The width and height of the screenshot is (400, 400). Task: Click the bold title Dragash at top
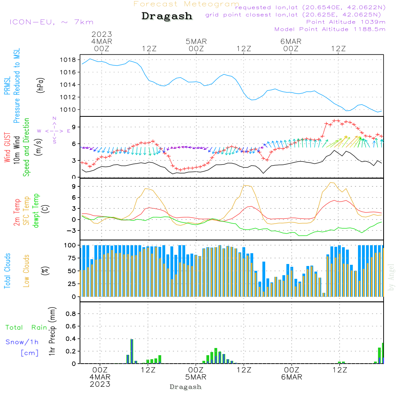pyautogui.click(x=167, y=16)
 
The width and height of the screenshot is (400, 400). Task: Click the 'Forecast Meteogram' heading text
pyautogui.click(x=186, y=4)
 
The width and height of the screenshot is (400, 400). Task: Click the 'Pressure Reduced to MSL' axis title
pyautogui.click(x=17, y=86)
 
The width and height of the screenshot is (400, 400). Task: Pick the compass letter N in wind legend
pyautogui.click(x=54, y=118)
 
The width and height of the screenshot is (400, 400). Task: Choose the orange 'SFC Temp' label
pyautogui.click(x=27, y=210)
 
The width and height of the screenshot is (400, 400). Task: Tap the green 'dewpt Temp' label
pyautogui.click(x=36, y=211)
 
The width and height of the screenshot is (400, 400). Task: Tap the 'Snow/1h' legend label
pyautogui.click(x=22, y=342)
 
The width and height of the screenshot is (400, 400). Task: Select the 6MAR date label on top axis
pyautogui.click(x=291, y=42)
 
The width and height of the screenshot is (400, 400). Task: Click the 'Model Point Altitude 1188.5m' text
pyautogui.click(x=330, y=29)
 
